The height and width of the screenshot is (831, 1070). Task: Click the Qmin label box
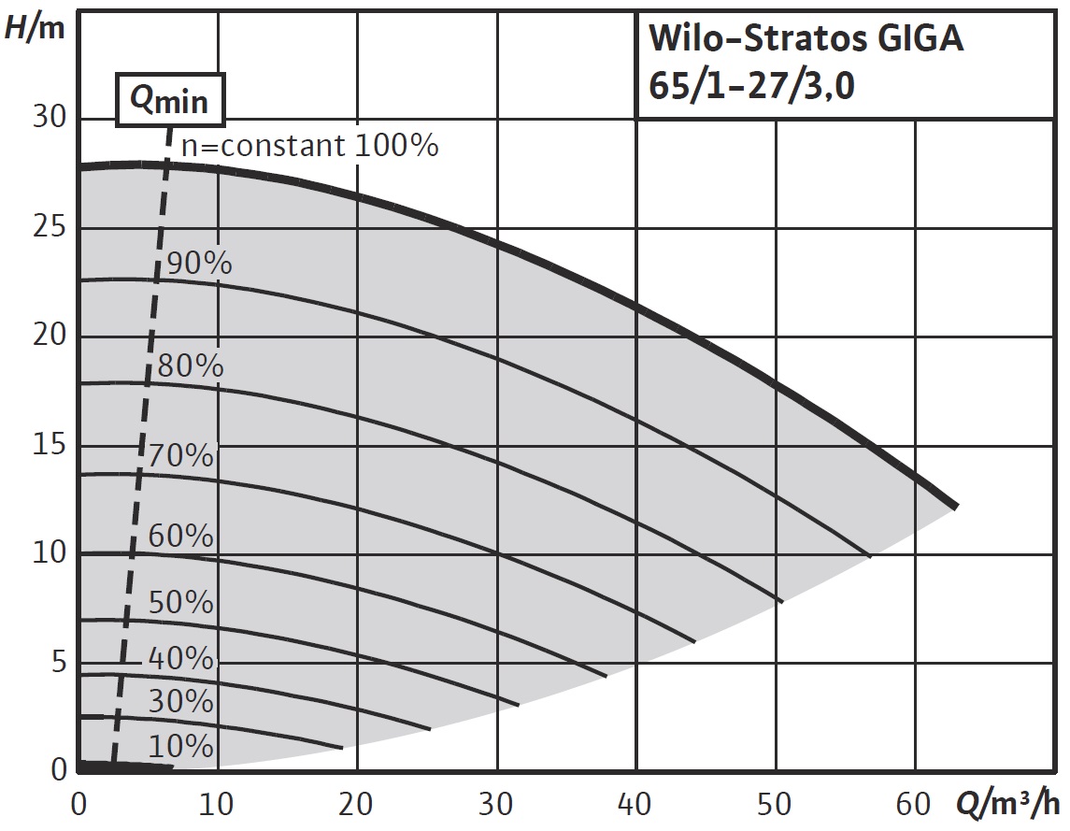[x=170, y=99]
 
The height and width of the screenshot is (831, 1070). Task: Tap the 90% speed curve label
[x=197, y=264]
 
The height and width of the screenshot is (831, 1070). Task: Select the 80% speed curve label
[x=190, y=365]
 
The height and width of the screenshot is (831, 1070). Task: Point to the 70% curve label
[x=181, y=456]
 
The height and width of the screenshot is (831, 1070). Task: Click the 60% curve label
[x=180, y=537]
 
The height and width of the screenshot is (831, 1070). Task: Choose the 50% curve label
[x=180, y=603]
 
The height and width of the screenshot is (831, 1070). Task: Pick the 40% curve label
[x=180, y=659]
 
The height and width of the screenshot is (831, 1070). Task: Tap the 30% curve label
[x=180, y=701]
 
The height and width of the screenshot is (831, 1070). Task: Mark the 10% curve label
[x=180, y=746]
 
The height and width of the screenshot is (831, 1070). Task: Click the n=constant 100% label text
[x=308, y=146]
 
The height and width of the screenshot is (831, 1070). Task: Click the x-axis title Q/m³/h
[x=1008, y=804]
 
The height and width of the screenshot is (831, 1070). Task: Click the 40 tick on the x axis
[x=636, y=804]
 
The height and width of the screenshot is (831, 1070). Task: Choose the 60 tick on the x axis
[x=915, y=804]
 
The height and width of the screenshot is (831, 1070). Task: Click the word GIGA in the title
[x=917, y=41]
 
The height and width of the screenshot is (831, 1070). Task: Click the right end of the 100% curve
[x=955, y=506]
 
